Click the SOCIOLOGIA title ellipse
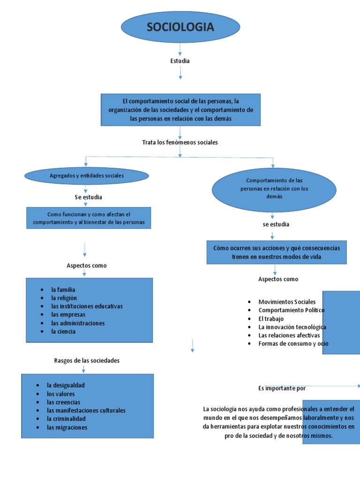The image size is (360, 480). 180,27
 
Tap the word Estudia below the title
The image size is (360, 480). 180,61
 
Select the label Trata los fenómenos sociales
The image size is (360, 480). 180,142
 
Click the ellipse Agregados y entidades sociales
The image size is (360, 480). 86,176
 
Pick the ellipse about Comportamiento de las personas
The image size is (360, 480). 274,188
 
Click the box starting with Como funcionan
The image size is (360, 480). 89,218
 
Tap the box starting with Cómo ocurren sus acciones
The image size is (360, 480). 277,252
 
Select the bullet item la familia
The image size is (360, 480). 63,290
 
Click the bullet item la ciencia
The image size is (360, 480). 63,331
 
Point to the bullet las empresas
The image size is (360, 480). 68,315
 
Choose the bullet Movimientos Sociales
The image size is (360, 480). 287,302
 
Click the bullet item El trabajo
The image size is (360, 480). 271,319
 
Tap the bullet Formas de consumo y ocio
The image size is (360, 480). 293,344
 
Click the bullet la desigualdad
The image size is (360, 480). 66,385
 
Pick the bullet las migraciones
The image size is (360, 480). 67,427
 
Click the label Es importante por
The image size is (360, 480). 281,388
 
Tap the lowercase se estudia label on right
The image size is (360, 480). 276,224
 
